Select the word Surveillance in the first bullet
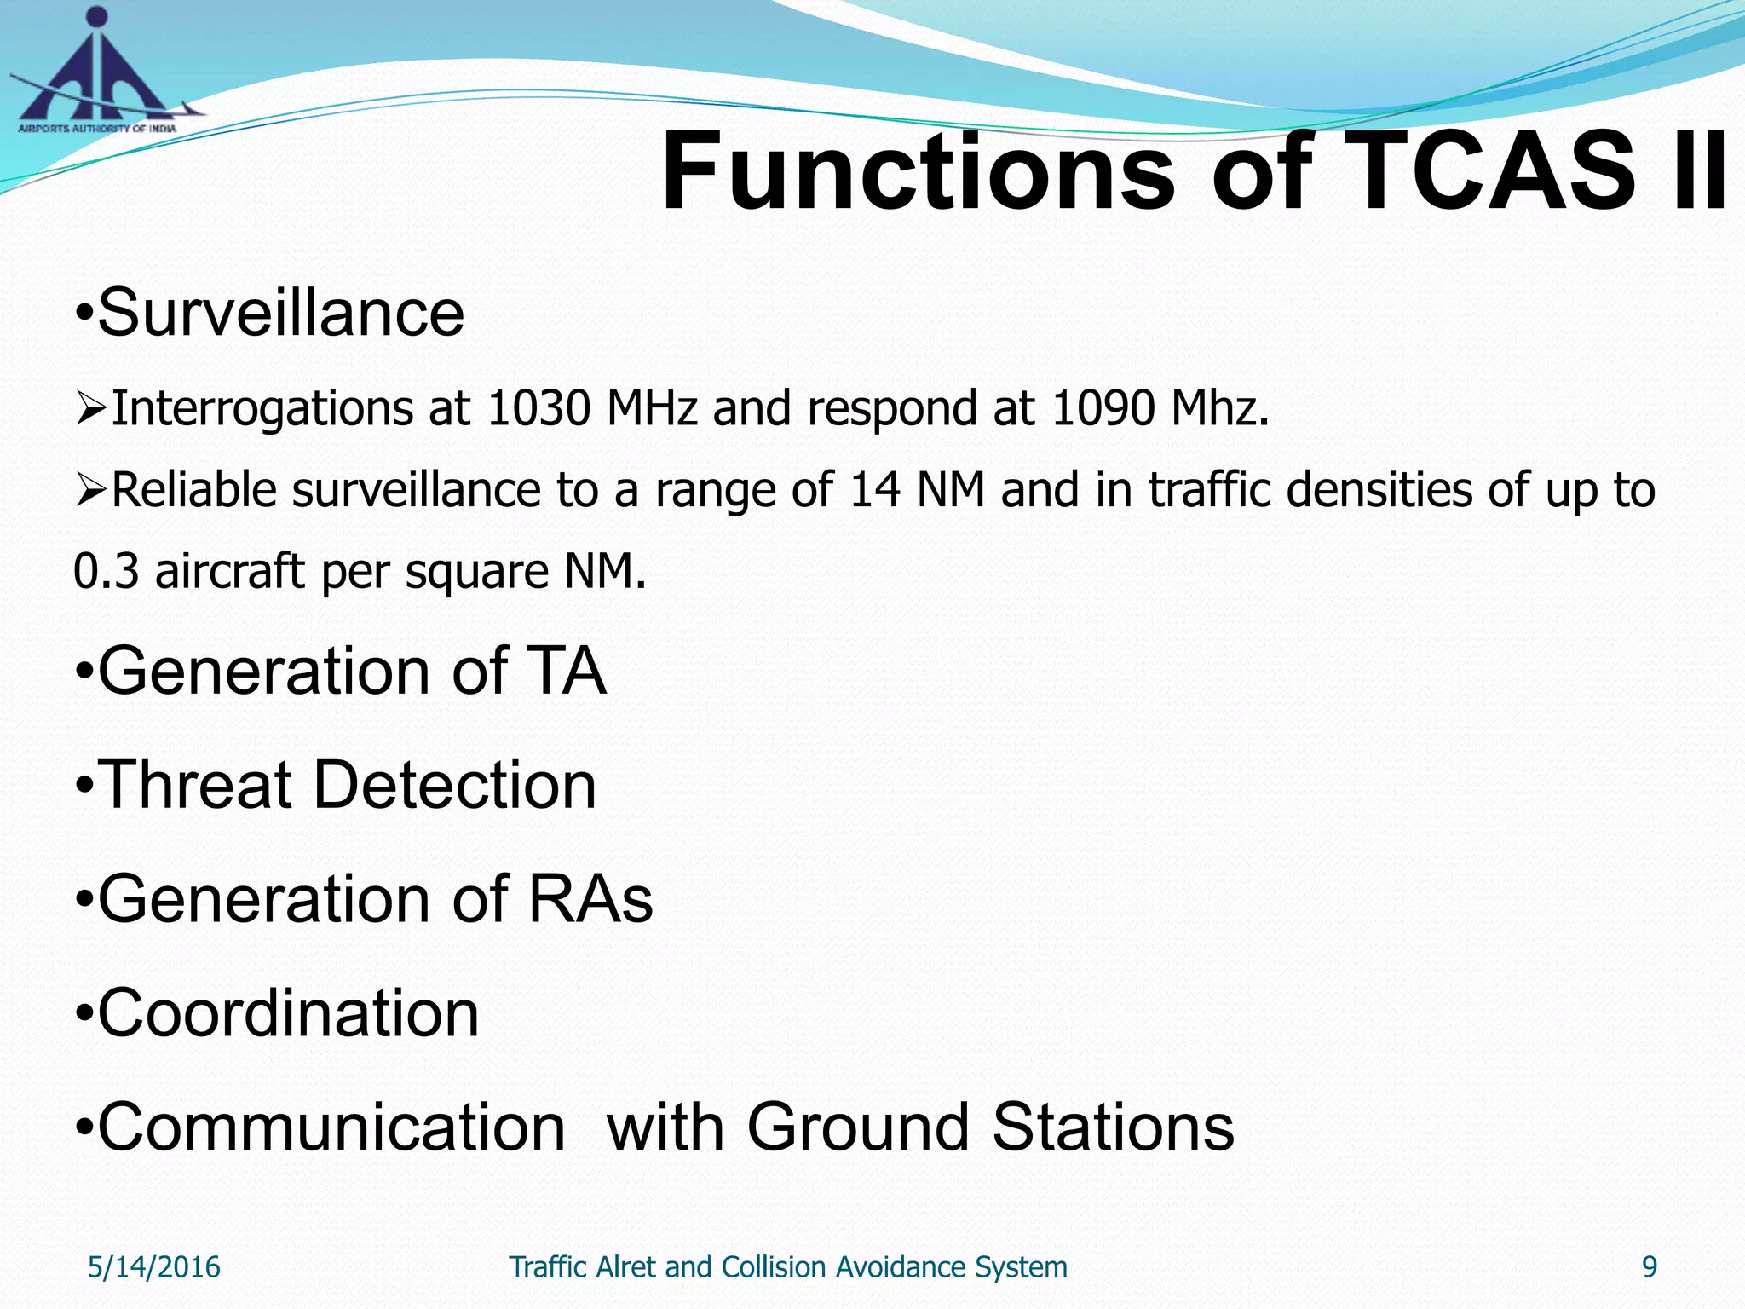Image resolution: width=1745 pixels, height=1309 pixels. [x=281, y=313]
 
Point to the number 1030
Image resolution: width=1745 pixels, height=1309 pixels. [x=538, y=408]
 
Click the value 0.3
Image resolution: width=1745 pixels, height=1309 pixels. [x=106, y=571]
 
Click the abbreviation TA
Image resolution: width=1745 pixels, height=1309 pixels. [x=567, y=672]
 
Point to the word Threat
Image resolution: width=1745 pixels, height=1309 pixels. [x=195, y=785]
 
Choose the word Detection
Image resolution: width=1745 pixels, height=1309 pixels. [x=455, y=785]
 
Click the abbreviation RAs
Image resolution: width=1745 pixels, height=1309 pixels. [x=590, y=899]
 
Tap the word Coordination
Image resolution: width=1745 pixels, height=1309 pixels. [x=288, y=1013]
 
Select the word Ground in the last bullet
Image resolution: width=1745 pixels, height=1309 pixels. [x=859, y=1127]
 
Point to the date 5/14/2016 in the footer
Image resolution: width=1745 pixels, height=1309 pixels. [x=154, y=1267]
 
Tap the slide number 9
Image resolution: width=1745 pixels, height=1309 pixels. [x=1650, y=1267]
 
